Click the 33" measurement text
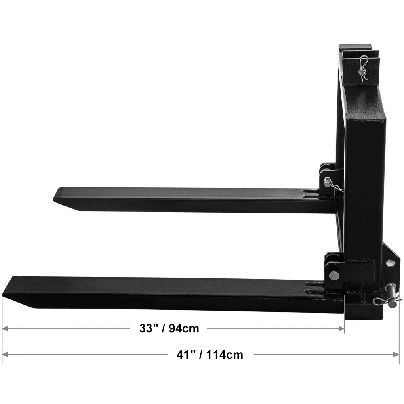click(x=148, y=329)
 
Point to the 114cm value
click(x=225, y=355)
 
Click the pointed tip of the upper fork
click(x=55, y=197)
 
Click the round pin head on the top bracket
click(x=361, y=73)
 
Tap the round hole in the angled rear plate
click(x=390, y=263)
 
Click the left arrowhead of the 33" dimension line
click(x=4, y=329)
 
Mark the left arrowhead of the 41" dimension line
click(x=4, y=355)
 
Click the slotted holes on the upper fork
click(x=310, y=193)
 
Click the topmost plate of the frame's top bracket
click(x=355, y=47)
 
